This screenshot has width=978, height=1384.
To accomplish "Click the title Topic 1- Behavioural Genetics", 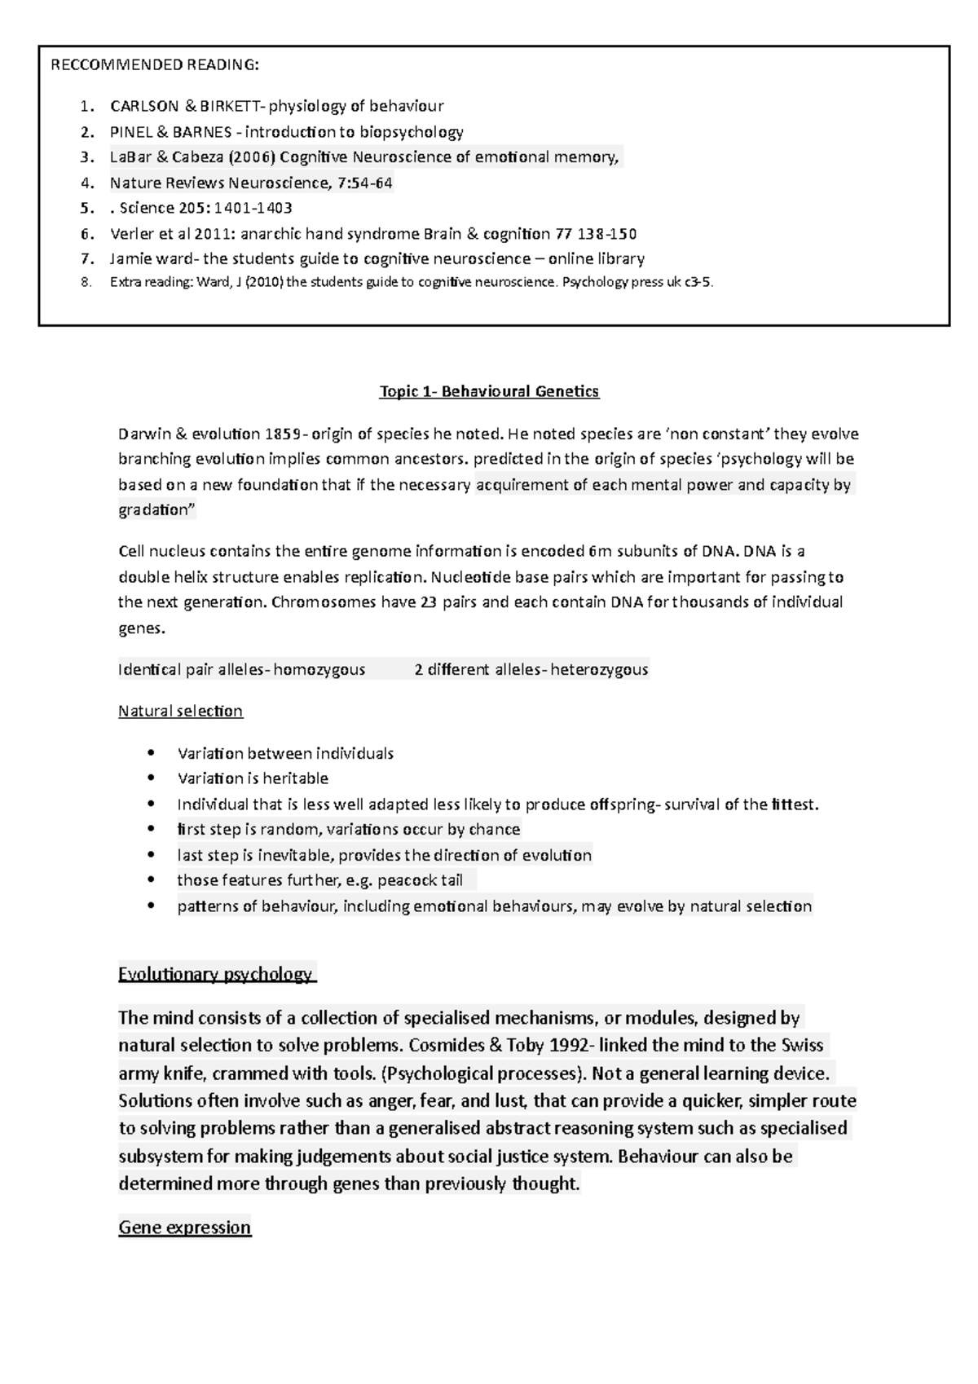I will tap(489, 391).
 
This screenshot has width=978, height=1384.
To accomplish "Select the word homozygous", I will tap(319, 670).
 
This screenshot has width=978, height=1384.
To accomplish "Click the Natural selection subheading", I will tap(180, 711).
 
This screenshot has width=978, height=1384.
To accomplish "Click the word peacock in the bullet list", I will tap(408, 880).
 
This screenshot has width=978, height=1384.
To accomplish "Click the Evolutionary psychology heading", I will tap(215, 974).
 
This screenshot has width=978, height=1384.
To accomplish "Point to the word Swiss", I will tap(802, 1045).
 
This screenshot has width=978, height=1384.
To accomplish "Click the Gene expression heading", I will tap(184, 1228).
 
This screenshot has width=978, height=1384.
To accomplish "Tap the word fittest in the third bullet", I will tap(792, 804).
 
